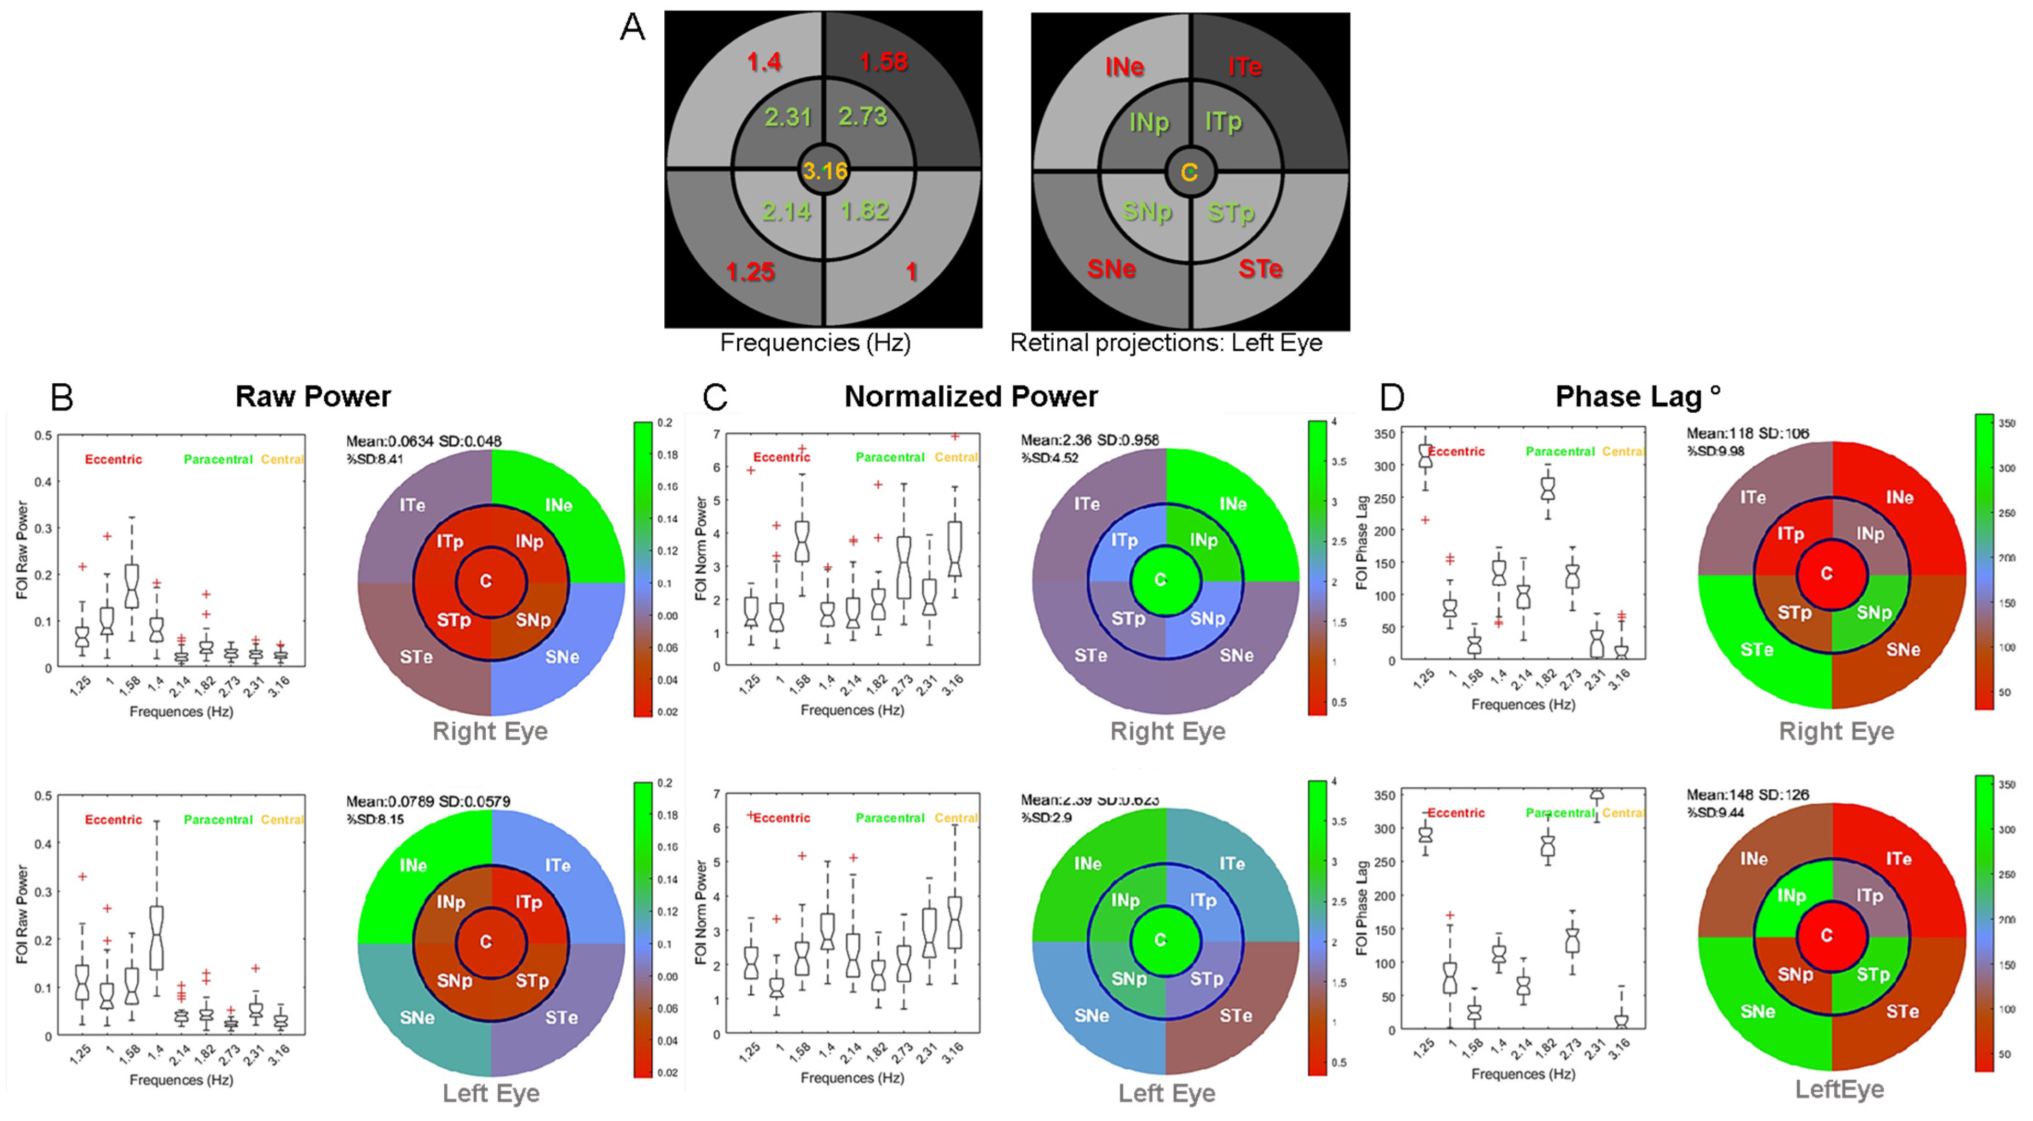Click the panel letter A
click(633, 28)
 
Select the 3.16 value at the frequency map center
click(825, 171)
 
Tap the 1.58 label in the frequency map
click(883, 61)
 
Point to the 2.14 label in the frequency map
click(787, 211)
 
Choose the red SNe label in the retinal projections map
click(1111, 269)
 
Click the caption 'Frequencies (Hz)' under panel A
click(815, 343)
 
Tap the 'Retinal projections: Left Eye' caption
click(1166, 343)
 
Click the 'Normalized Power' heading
click(971, 396)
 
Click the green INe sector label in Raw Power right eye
click(559, 505)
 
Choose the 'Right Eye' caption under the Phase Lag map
click(1836, 731)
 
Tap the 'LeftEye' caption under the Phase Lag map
click(1839, 1090)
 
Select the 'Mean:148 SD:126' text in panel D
click(1747, 794)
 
